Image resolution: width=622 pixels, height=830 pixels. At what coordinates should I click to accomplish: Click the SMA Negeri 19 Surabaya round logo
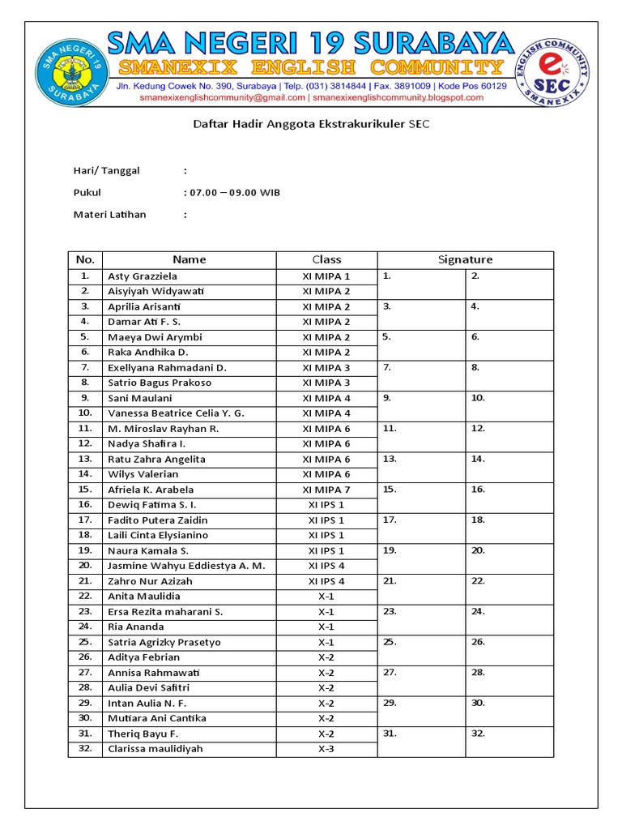70,74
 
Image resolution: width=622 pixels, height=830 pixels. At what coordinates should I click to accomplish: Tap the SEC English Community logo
553,74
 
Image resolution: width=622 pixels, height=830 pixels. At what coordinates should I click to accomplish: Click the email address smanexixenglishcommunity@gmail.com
222,97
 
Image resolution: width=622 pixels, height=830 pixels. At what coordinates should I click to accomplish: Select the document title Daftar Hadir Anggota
311,125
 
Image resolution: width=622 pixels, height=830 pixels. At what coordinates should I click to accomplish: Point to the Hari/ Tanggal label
106,170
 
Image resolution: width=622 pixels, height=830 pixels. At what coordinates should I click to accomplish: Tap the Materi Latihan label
110,215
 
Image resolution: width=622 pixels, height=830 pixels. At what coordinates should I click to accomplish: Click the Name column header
189,259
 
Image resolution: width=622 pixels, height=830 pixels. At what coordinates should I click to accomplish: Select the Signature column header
465,259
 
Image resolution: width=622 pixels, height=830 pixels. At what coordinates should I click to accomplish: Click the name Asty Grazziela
143,276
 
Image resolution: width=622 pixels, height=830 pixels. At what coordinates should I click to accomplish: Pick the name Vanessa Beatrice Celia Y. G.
176,413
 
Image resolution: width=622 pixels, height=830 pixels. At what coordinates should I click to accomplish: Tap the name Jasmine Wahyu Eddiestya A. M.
186,566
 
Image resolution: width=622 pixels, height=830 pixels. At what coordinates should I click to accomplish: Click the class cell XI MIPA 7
326,490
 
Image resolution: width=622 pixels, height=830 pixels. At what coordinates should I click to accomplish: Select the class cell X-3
326,749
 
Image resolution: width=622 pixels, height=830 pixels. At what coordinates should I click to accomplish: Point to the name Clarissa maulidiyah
155,749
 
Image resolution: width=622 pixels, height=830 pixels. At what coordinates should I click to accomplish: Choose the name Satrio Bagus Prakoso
160,383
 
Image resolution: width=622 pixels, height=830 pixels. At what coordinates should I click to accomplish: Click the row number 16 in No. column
85,505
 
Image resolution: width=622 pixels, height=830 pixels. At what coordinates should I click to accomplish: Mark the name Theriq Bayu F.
143,734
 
